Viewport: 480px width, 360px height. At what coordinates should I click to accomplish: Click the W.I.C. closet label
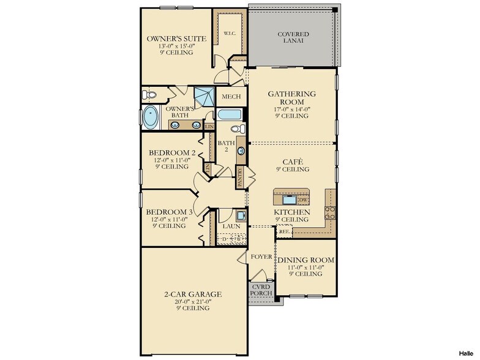[230, 33]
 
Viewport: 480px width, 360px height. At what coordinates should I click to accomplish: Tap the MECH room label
[231, 97]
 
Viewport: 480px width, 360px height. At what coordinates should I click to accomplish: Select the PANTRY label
[240, 177]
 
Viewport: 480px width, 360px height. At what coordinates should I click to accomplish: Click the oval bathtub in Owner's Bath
[151, 117]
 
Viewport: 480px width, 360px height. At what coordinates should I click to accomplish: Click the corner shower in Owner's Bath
[204, 97]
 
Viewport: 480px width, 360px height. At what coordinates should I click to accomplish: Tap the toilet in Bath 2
[238, 129]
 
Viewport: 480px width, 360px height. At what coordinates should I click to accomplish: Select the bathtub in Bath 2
[230, 115]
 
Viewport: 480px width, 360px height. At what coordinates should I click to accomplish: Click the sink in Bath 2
[241, 151]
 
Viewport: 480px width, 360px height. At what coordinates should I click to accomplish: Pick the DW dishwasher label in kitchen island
[302, 200]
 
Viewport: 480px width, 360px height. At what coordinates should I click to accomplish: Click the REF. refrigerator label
[284, 231]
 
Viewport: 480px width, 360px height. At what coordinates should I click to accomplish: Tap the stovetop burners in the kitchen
[330, 213]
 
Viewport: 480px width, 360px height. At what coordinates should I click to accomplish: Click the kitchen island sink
[289, 200]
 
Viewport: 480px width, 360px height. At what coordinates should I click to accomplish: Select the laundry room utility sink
[241, 216]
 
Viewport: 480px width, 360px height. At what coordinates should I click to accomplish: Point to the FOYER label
[261, 257]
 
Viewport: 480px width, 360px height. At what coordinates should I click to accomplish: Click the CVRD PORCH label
[261, 290]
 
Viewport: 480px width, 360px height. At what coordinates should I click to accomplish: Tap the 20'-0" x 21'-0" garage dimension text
[193, 301]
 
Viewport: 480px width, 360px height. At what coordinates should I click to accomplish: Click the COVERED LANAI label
[293, 37]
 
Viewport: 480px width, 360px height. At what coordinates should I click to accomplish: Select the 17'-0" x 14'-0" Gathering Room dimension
[291, 109]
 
